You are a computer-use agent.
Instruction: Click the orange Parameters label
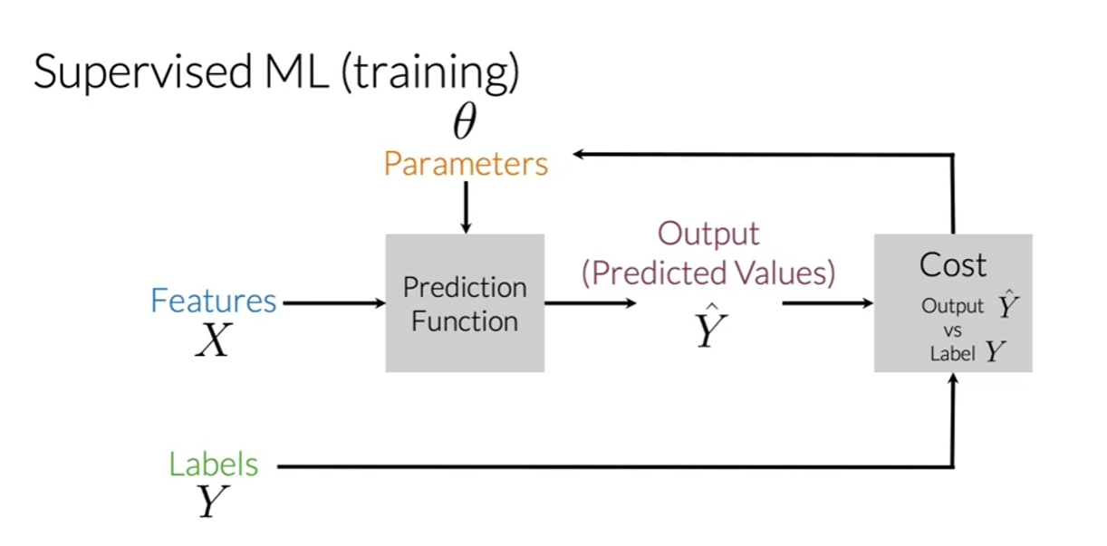[x=466, y=164]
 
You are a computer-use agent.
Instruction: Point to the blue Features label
[x=214, y=301]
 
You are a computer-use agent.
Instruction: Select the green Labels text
[x=214, y=465]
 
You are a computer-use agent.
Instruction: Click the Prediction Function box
[x=465, y=303]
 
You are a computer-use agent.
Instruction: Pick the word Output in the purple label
[x=708, y=234]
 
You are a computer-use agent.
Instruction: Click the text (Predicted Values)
[x=708, y=273]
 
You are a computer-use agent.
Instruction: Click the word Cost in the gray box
[x=952, y=265]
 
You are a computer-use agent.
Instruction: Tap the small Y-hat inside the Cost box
[x=1008, y=306]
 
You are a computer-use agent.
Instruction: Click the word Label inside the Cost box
[x=952, y=354]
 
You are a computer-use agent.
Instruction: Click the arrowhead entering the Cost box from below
[x=953, y=379]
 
